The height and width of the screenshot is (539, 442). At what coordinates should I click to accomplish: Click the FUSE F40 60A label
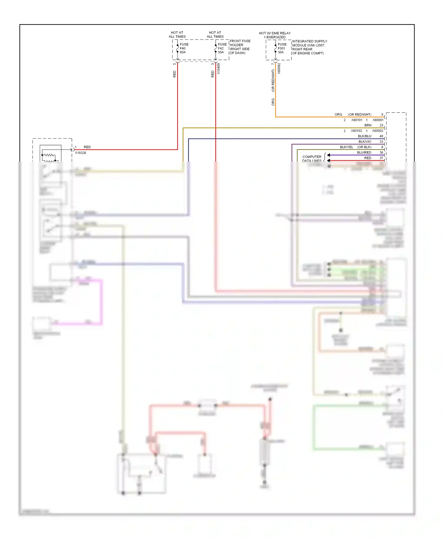[x=184, y=48]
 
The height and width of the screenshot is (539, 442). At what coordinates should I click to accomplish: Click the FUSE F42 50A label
[x=222, y=48]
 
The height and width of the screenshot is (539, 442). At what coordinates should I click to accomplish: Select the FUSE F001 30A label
[x=282, y=48]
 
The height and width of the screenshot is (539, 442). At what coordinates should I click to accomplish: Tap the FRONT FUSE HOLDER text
[x=240, y=47]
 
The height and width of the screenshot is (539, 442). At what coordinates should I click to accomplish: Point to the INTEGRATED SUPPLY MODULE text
[x=309, y=47]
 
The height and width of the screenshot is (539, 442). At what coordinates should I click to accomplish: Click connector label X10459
[x=219, y=69]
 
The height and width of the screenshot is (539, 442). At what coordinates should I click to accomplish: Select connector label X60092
[x=279, y=68]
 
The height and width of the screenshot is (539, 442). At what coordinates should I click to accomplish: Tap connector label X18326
[x=80, y=153]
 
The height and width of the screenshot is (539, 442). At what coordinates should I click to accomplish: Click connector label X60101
[x=357, y=120]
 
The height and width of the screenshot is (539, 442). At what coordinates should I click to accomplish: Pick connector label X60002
[x=377, y=131]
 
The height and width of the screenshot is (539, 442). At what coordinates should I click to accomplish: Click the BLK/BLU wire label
[x=365, y=136]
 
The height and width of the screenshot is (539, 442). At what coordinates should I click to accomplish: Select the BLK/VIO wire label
[x=365, y=142]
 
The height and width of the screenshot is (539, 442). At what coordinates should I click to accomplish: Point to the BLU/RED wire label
[x=364, y=152]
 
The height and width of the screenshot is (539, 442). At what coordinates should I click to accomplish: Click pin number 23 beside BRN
[x=381, y=125]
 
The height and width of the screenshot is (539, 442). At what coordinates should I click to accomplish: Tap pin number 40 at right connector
[x=381, y=136]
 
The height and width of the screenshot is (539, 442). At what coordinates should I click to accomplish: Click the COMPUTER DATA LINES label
[x=312, y=159]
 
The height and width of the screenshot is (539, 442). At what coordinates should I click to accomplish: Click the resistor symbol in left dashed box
[x=49, y=155]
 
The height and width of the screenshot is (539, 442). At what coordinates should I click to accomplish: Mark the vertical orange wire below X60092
[x=276, y=94]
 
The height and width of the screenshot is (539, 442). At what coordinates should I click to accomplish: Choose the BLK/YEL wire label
[x=347, y=147]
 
